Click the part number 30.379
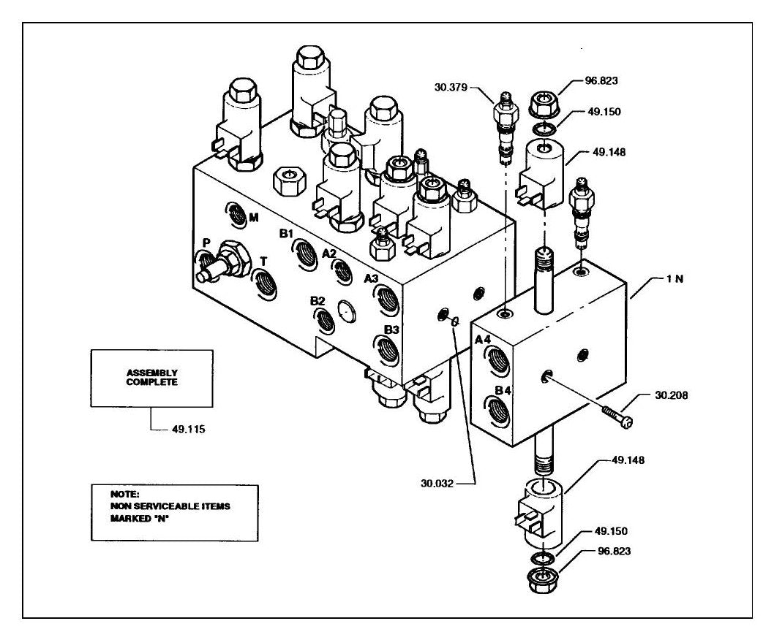(451, 87)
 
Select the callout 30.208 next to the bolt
(672, 395)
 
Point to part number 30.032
(437, 484)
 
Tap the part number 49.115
(189, 430)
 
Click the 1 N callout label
(675, 278)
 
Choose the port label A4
(484, 339)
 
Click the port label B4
(503, 391)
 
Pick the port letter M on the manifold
(253, 218)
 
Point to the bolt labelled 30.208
(617, 415)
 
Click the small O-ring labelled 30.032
(454, 321)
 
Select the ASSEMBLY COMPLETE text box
(152, 378)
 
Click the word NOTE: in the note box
(125, 494)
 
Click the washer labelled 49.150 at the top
(543, 130)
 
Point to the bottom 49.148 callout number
(628, 460)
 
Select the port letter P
(206, 243)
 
